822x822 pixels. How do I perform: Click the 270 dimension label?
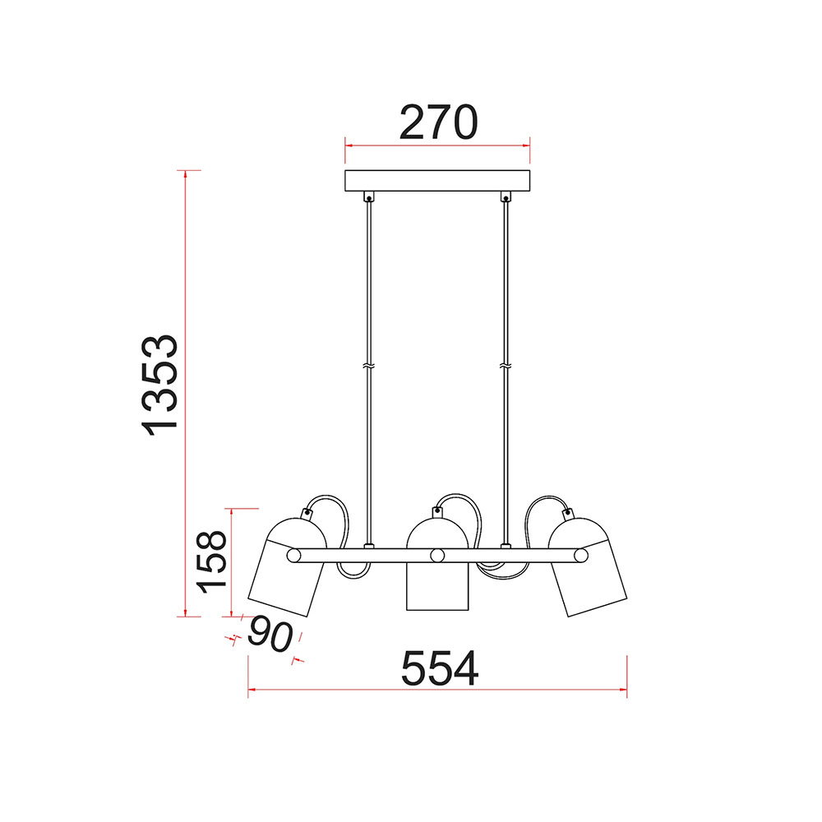(x=438, y=122)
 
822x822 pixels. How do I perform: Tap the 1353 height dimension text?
(x=160, y=386)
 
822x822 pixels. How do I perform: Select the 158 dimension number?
(x=212, y=562)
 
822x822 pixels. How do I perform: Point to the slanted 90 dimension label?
(x=270, y=635)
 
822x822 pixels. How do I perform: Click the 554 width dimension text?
(x=440, y=668)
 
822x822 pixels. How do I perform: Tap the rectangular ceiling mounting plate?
(x=437, y=181)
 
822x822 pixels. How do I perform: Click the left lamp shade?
(x=287, y=566)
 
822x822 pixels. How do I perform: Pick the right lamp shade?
(x=588, y=566)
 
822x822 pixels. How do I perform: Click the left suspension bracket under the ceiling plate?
(x=369, y=197)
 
